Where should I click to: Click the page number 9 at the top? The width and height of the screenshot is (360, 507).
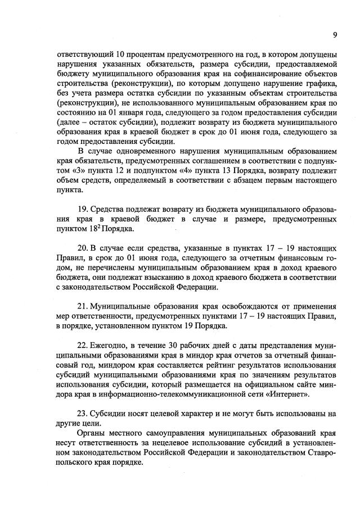click(334, 35)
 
